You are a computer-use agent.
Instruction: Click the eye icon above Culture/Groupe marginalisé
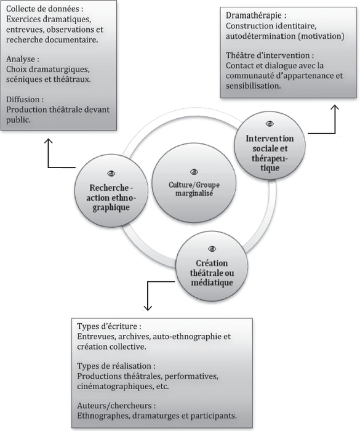coord(194,172)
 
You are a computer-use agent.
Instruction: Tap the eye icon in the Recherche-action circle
coord(111,174)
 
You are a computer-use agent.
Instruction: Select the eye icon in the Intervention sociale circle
coord(270,124)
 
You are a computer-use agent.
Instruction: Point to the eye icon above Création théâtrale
coord(212,249)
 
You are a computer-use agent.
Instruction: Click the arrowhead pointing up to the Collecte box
coord(49,141)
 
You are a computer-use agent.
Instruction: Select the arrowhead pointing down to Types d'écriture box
coord(148,308)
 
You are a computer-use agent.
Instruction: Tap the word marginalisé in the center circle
coord(194,193)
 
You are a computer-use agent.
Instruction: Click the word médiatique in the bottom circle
coord(212,282)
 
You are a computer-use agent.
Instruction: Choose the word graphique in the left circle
coord(111,207)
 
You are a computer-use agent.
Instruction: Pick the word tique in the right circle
coord(270,168)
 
